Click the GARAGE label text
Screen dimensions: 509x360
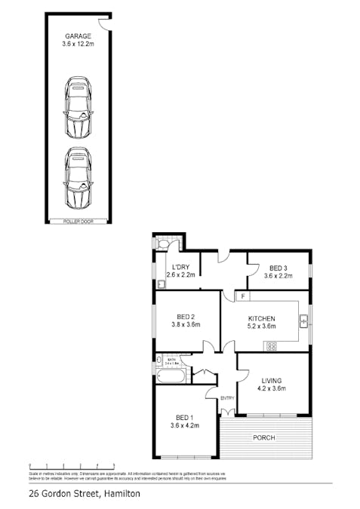point(78,35)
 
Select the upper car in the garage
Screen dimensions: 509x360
point(78,107)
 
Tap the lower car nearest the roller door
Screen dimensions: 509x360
point(78,178)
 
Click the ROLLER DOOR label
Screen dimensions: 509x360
point(78,221)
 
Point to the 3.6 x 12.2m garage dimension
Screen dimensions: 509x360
point(78,44)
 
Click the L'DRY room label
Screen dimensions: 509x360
point(180,267)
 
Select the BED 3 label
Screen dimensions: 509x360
point(278,268)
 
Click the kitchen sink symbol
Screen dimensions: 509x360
point(303,322)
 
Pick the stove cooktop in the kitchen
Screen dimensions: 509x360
point(272,346)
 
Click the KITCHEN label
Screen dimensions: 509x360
point(262,318)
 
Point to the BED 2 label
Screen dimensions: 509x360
point(186,317)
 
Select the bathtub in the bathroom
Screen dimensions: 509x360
point(170,376)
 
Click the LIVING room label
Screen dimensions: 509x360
point(272,381)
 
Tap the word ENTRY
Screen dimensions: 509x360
point(227,398)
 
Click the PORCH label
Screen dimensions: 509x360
point(264,437)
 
